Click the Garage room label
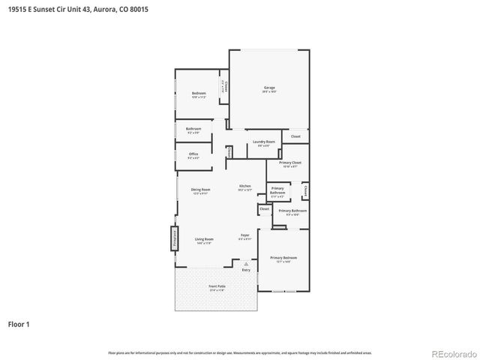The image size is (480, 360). [269, 88]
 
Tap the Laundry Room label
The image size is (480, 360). [263, 142]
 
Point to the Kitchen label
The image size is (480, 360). [245, 186]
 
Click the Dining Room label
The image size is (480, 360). [200, 190]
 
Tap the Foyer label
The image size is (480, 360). [244, 235]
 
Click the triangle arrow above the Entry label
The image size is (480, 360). [246, 262]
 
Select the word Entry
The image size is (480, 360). [246, 269]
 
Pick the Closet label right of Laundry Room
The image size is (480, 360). [295, 136]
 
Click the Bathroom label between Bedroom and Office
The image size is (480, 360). [193, 129]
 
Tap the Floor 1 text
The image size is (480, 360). [19, 325]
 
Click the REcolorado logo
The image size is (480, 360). [453, 352]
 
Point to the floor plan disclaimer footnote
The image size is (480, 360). [240, 352]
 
